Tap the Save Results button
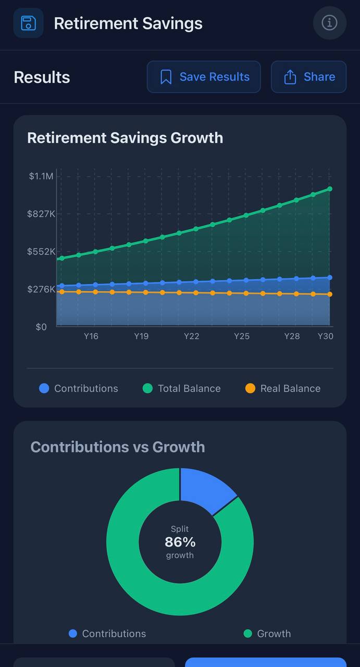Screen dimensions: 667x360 [x=204, y=77]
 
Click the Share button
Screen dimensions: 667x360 [x=308, y=77]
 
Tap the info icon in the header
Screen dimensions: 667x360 [x=329, y=23]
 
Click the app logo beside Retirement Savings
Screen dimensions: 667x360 [x=28, y=23]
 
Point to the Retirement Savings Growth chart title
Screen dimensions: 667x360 [x=125, y=138]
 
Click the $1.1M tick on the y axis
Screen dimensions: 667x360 [x=41, y=176]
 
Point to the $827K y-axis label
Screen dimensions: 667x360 [x=41, y=214]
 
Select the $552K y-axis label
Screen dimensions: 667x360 [x=41, y=252]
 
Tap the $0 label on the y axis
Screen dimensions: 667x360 [x=41, y=327]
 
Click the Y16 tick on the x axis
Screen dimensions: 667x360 [x=91, y=336]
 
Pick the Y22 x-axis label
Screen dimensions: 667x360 [x=192, y=336]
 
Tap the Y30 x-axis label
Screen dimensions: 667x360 [x=326, y=336]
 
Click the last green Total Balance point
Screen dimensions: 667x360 [x=330, y=189]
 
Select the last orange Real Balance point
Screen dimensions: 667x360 [x=330, y=294]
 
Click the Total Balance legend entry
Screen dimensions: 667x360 [x=182, y=389]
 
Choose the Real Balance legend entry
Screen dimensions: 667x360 [x=283, y=389]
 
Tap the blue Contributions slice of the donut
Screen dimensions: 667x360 [x=205, y=488]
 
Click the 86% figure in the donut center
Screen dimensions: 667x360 [x=180, y=542]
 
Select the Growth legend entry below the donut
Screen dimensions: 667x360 [x=267, y=634]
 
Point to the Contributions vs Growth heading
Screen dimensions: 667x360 [x=118, y=447]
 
